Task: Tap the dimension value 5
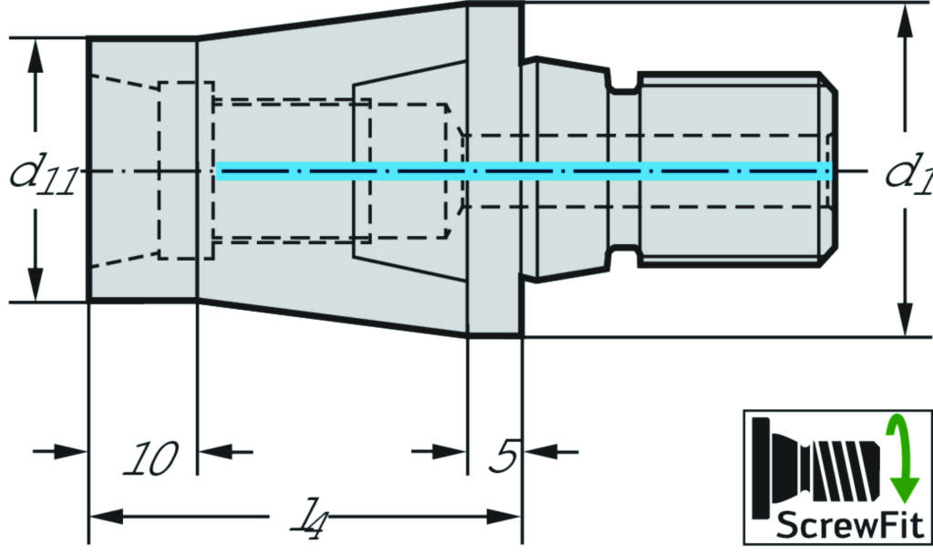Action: pyautogui.click(x=503, y=457)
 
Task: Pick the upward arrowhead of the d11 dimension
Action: pyautogui.click(x=36, y=56)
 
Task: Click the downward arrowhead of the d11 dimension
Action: pyautogui.click(x=36, y=283)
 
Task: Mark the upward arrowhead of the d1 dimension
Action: pyautogui.click(x=904, y=22)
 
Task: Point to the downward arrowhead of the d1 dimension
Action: pyautogui.click(x=904, y=319)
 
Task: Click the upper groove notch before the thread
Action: pyautogui.click(x=623, y=88)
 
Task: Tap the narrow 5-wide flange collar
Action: pyautogui.click(x=495, y=171)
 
